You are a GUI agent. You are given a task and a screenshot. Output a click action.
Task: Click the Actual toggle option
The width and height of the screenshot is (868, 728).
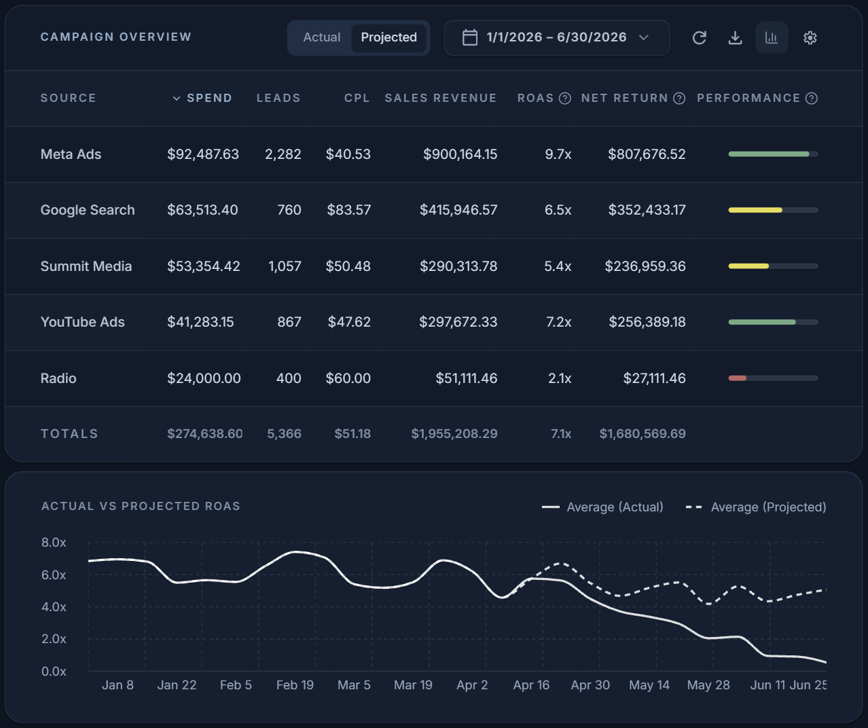(x=321, y=37)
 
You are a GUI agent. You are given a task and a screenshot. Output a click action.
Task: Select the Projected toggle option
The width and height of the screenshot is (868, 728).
(x=388, y=37)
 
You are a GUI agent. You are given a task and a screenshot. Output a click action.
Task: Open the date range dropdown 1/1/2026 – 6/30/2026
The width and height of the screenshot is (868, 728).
(x=557, y=37)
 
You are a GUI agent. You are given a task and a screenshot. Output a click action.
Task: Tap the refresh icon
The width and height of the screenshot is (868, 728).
(x=700, y=38)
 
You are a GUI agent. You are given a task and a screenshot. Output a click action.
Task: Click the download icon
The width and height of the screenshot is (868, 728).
(x=735, y=38)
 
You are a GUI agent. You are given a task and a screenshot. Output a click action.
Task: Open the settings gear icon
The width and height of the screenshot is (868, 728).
(x=810, y=38)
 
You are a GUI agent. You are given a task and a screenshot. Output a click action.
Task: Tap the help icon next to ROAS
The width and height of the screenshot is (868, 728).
(x=564, y=98)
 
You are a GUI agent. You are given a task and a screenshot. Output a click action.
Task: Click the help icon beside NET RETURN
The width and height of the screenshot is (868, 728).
(x=679, y=98)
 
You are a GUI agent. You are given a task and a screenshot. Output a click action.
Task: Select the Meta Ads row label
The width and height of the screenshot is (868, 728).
(x=71, y=154)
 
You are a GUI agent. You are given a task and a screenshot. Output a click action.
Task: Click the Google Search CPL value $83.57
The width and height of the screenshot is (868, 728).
(x=348, y=210)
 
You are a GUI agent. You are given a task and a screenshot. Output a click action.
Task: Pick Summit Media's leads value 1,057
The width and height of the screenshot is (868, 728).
(x=285, y=266)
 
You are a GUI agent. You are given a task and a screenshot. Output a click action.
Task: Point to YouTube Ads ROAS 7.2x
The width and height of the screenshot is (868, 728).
(x=558, y=322)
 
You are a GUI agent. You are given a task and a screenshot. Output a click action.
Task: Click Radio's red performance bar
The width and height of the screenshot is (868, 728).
(x=738, y=378)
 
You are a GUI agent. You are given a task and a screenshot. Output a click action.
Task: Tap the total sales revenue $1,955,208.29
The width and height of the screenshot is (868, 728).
(x=454, y=434)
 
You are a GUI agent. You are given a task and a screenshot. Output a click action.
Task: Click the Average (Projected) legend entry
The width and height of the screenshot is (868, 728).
(x=756, y=507)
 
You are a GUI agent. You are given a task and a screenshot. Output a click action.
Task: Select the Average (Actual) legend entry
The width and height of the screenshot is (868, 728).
(x=602, y=507)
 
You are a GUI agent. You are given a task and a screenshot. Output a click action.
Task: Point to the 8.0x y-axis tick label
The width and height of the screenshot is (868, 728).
(x=54, y=542)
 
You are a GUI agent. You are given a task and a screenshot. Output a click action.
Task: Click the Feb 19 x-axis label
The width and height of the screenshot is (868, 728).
(x=295, y=685)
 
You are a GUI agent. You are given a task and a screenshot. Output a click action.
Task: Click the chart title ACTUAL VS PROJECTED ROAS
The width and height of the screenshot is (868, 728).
(x=141, y=506)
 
